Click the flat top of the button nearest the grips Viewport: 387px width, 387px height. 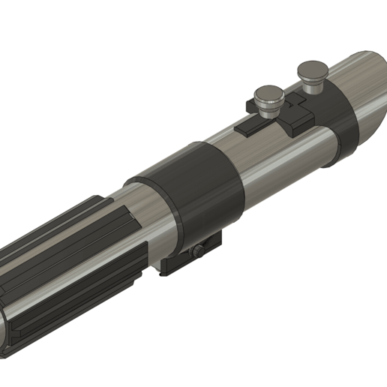(267, 94)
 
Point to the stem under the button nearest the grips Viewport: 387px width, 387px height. (268, 109)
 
